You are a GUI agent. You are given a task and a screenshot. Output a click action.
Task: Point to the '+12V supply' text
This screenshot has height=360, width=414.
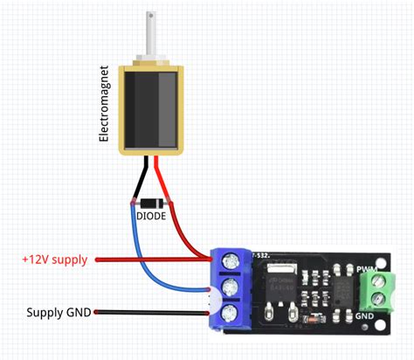tap(55, 260)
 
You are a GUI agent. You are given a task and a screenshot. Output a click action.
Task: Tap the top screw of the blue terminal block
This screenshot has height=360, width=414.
tap(232, 260)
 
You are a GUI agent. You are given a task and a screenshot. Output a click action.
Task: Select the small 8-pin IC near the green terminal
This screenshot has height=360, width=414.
tap(343, 288)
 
